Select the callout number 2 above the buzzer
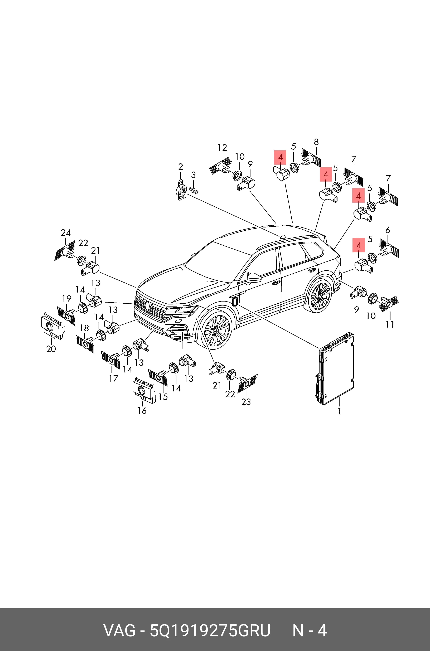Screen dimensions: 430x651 (180, 167)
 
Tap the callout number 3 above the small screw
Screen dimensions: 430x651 (193, 175)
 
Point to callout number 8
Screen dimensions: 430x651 (316, 142)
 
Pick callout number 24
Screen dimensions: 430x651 (66, 233)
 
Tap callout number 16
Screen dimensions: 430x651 (142, 411)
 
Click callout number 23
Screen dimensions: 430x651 (246, 402)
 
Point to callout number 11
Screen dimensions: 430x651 (390, 324)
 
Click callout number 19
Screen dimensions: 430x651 (67, 299)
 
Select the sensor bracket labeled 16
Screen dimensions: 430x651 (144, 390)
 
